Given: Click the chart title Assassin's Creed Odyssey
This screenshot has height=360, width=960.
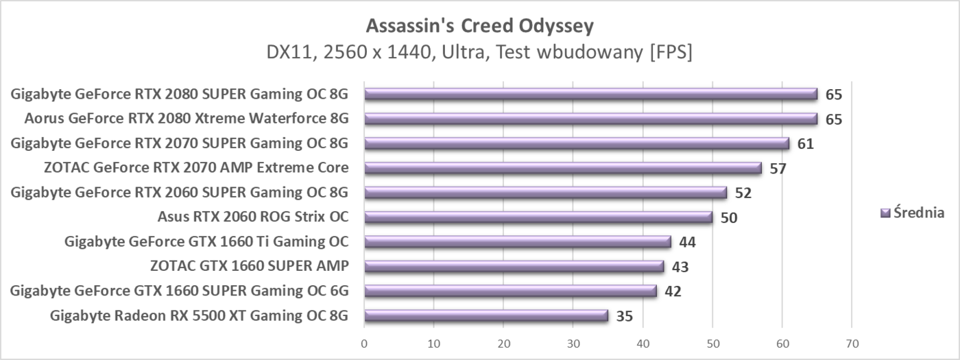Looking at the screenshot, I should pos(479,26).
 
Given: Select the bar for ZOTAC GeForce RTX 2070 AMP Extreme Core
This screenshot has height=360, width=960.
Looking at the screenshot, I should pos(562,168).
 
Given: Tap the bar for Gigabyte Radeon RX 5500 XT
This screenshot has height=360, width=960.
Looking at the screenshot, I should pos(485,315).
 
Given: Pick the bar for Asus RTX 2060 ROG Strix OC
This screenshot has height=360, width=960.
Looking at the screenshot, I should pos(538,217).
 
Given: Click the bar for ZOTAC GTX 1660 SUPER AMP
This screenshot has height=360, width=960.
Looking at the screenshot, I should pos(514,266).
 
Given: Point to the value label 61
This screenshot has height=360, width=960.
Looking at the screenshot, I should pos(806,143).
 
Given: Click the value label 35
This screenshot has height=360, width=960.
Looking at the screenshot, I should pos(624,316).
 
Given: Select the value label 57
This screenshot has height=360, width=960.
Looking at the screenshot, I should pos(778,168).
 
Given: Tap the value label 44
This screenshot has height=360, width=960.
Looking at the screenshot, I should pos(687,242).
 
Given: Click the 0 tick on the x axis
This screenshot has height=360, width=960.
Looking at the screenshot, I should pos(364,342).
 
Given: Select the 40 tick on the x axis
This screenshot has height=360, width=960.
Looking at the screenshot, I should pos(643,342).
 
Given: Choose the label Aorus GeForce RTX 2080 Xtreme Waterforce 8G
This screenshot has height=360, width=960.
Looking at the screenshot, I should pos(187,119).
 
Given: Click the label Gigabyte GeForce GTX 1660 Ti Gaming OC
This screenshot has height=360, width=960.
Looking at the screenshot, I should pos(206,241).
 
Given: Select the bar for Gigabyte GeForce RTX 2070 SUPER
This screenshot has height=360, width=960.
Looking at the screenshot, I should pos(576,143).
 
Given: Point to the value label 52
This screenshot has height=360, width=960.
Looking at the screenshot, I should pos(743,193).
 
